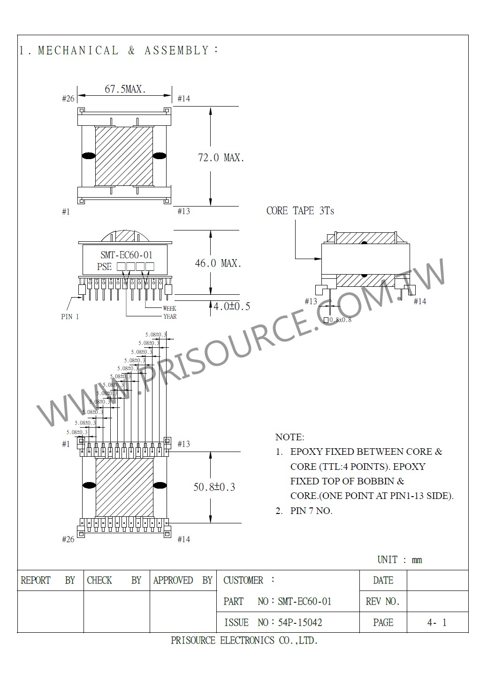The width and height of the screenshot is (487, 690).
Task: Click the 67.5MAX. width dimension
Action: tap(125, 89)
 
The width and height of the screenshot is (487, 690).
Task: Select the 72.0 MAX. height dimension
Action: tap(221, 158)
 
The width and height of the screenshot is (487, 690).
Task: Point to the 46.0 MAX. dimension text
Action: tap(218, 263)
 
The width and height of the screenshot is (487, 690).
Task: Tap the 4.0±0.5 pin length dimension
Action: tap(232, 307)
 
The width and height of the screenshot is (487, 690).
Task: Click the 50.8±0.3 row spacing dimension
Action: tap(214, 487)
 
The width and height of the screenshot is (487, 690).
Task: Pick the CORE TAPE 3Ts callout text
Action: tap(300, 211)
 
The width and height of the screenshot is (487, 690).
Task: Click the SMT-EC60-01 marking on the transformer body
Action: tap(127, 255)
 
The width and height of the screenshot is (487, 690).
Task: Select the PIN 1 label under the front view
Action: tap(70, 317)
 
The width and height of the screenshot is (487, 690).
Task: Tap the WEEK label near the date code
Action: tap(169, 308)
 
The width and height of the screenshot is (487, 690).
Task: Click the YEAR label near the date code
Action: tap(169, 316)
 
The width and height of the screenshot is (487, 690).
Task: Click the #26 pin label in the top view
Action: tap(68, 99)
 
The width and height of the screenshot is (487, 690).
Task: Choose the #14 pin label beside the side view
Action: tap(420, 301)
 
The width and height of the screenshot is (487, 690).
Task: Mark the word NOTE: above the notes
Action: tap(289, 437)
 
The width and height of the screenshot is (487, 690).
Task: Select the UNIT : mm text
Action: tap(400, 560)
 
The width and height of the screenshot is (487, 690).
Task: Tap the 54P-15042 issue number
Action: tap(300, 622)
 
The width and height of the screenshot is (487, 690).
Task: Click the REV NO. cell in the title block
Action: tap(382, 601)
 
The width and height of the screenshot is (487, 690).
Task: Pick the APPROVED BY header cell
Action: tap(183, 581)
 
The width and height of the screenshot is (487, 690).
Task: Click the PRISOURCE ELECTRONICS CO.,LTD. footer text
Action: tap(244, 641)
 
